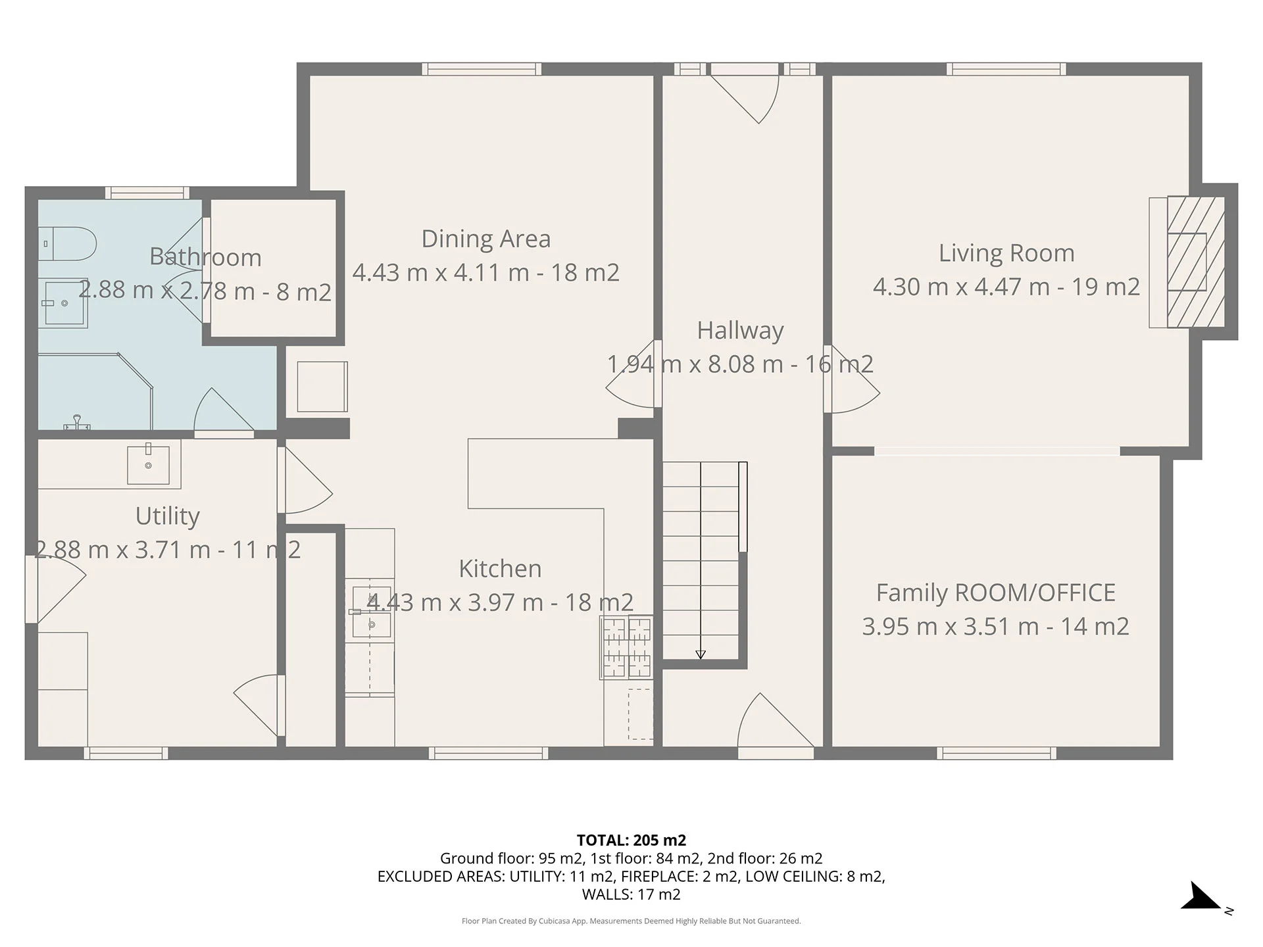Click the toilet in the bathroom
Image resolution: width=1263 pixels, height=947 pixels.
pos(67,244)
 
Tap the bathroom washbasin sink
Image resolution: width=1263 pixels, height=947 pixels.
pos(63,303)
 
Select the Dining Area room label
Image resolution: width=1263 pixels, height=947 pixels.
pos(486,239)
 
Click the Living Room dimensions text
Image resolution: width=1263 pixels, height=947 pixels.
pos(1006,287)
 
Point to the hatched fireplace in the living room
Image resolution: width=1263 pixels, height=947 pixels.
pos(1196,262)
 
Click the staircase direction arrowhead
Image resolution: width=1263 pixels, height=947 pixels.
pos(701,654)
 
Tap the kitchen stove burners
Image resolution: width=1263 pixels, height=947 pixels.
pos(626,647)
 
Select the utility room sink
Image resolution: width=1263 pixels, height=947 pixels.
pos(148,464)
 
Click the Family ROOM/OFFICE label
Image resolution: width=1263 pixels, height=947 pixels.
pos(995,593)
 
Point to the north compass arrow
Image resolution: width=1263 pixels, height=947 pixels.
pos(1201,896)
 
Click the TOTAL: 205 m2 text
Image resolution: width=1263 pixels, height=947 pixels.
pos(631,840)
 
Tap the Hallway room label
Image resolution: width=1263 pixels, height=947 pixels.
pos(741,330)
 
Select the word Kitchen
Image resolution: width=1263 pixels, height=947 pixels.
pos(500,569)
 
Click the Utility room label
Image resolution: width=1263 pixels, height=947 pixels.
pos(167,516)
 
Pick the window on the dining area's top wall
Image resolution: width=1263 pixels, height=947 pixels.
pos(482,69)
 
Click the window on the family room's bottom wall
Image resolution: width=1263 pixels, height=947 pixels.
pos(997,753)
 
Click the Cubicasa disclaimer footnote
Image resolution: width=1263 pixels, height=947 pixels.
pos(631,921)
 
